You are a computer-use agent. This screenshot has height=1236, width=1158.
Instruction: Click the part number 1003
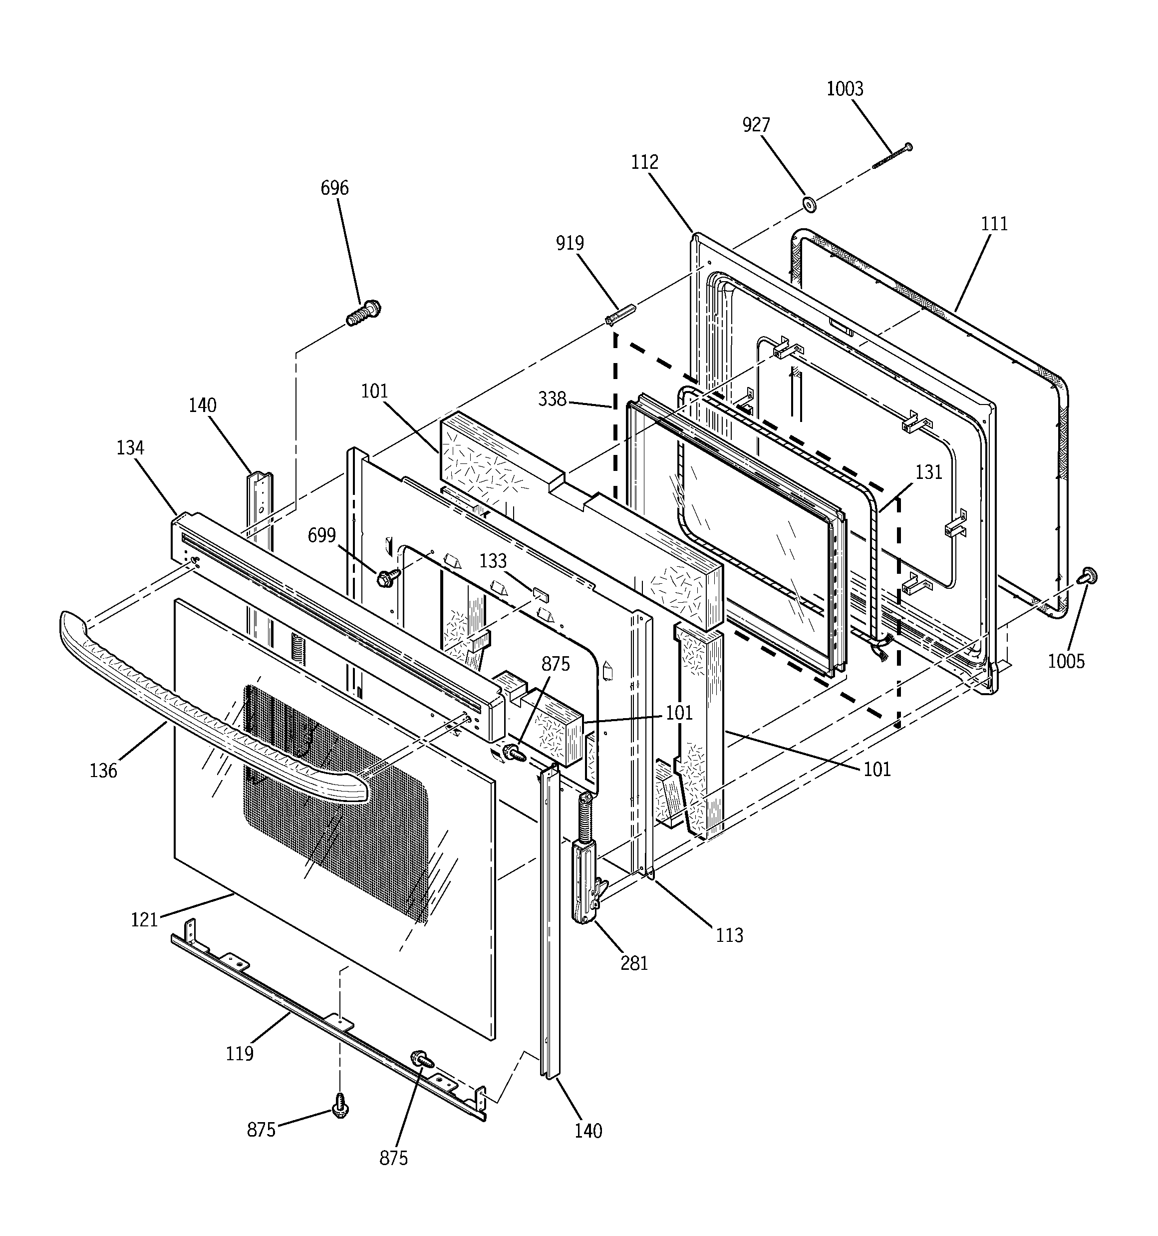(844, 89)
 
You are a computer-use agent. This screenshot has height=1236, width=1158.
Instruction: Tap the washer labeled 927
(809, 203)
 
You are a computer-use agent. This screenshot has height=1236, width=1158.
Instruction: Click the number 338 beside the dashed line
(552, 399)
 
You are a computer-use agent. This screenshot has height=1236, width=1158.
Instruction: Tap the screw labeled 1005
(1088, 576)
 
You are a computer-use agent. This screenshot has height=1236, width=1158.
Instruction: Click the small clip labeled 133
(540, 595)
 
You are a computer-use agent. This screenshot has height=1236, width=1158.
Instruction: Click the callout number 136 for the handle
(103, 771)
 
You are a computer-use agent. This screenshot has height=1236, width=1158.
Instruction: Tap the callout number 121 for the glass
(144, 919)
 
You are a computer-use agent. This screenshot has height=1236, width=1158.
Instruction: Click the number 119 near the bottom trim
(239, 1054)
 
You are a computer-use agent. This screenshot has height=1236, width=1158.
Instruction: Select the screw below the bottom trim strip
(340, 1119)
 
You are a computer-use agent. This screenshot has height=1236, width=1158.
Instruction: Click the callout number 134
(130, 447)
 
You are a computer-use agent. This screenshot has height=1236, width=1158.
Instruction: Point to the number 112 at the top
(644, 162)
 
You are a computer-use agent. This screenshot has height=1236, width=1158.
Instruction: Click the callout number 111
(994, 224)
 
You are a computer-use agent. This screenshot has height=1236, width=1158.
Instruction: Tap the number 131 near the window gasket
(928, 472)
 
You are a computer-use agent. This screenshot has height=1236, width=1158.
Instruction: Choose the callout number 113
(728, 935)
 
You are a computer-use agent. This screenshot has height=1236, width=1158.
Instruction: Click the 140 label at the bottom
(588, 1131)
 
